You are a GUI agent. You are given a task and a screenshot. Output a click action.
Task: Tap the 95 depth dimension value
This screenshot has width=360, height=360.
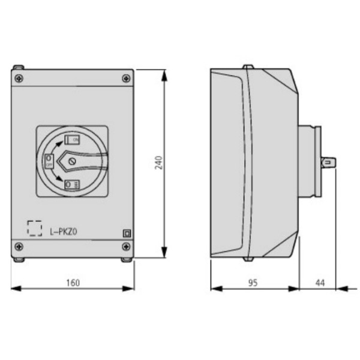[253, 283]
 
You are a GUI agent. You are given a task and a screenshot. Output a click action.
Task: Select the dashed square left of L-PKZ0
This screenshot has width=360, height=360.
[35, 229]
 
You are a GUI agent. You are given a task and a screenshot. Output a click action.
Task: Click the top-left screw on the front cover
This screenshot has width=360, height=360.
[19, 77]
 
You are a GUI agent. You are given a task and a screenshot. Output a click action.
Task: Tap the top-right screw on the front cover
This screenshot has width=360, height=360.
[126, 77]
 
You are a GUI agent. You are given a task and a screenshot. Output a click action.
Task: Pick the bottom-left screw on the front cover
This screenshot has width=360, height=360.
[19, 246]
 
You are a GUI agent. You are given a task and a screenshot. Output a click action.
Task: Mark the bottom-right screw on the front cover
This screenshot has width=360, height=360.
[126, 246]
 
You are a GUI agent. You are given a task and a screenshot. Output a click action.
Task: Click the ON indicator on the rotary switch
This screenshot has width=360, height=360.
[73, 140]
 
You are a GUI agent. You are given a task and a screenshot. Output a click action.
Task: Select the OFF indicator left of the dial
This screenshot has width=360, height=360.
[49, 160]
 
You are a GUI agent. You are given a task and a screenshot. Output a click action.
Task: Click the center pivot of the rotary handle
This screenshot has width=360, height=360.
[71, 161]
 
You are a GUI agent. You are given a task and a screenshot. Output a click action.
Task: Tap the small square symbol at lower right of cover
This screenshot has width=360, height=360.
[127, 234]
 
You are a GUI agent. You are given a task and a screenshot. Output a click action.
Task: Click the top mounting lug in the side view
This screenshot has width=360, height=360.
[247, 67]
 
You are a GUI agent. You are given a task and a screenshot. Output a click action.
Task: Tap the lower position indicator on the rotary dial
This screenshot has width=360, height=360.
[71, 184]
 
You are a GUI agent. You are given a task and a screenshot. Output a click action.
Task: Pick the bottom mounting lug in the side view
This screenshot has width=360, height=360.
[247, 259]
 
